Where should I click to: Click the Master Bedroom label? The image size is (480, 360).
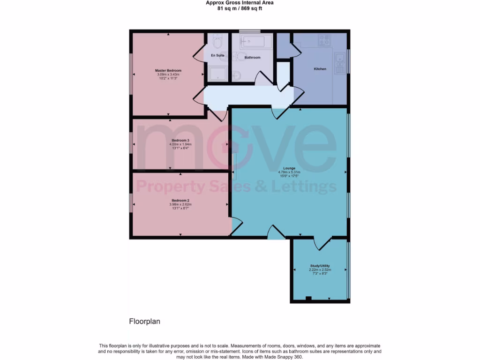click(x=168, y=71)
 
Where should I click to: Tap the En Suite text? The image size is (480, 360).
click(x=217, y=56)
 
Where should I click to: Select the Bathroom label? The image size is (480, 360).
click(x=252, y=58)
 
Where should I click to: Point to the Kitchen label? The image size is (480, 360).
click(x=320, y=69)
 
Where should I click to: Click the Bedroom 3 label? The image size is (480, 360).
click(x=180, y=141)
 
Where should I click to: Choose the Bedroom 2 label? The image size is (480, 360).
click(x=180, y=201)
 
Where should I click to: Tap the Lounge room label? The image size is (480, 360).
click(x=289, y=168)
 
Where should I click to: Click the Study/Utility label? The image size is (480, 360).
click(x=320, y=266)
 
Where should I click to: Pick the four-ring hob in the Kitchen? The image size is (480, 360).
click(x=324, y=40)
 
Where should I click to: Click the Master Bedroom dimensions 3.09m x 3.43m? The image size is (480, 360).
click(x=168, y=75)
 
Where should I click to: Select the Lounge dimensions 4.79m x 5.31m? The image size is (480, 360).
click(x=289, y=172)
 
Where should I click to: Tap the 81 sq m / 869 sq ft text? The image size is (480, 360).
click(x=240, y=8)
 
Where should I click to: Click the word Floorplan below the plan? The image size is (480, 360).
click(x=145, y=322)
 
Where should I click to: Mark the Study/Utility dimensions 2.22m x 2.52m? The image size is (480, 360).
click(x=320, y=270)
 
